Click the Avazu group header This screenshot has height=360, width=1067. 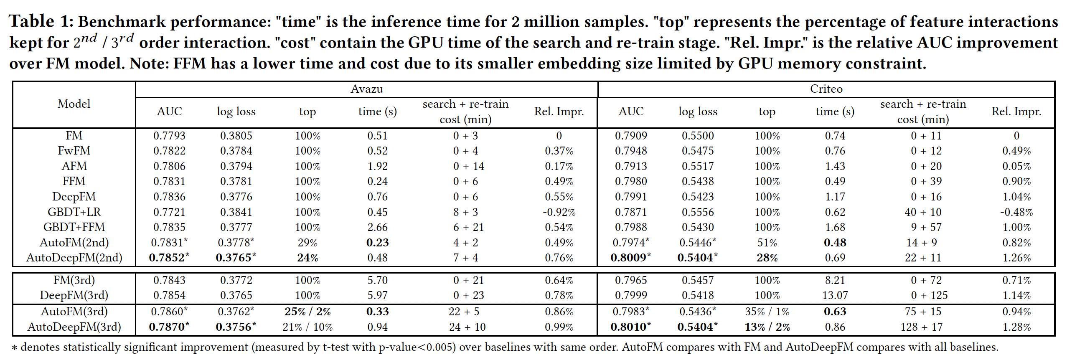[x=366, y=89]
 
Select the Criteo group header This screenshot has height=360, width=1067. [x=826, y=89]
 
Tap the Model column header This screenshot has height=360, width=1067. [x=74, y=104]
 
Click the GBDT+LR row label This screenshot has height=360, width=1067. [x=74, y=212]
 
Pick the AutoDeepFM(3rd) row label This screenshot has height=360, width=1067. [x=74, y=327]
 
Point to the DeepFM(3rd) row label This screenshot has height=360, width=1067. [x=74, y=295]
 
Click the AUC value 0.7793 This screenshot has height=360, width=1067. [x=169, y=136]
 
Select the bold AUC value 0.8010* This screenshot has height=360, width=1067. [x=630, y=327]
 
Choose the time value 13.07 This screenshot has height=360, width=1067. [x=835, y=295]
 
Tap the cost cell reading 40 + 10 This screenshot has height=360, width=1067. [x=923, y=212]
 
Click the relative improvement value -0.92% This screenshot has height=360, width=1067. [x=559, y=212]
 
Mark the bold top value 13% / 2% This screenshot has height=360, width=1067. [x=767, y=327]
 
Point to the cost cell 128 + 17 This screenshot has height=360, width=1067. [x=922, y=327]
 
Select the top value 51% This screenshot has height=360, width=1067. [x=767, y=243]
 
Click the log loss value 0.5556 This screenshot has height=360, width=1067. [x=698, y=212]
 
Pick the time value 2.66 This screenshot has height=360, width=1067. [x=377, y=227]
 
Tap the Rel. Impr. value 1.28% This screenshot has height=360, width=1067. [x=1016, y=327]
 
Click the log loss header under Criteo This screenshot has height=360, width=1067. [x=698, y=112]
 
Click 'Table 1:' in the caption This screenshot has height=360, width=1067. [x=41, y=21]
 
